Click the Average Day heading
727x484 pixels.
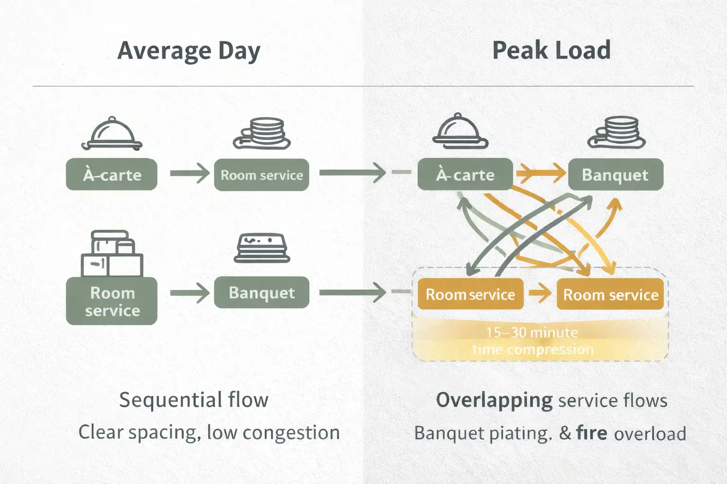189,51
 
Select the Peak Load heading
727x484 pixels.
551,50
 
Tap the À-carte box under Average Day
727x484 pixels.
112,175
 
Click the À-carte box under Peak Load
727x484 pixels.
465,175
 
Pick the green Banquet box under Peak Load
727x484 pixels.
615,175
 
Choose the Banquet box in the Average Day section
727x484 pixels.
261,293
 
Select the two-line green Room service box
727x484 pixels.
112,301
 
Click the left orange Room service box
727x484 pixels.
470,294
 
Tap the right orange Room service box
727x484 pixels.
611,294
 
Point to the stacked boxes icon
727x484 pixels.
112,254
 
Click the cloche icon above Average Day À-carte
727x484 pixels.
112,134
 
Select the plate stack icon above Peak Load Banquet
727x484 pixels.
616,133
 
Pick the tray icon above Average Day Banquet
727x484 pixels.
262,248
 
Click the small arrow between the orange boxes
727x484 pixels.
540,294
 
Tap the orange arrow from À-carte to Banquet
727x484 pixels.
541,173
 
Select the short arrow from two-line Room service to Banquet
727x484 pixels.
189,293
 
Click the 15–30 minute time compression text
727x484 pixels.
532,341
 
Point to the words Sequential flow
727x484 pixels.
194,400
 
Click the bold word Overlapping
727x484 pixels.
494,400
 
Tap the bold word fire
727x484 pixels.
592,432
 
